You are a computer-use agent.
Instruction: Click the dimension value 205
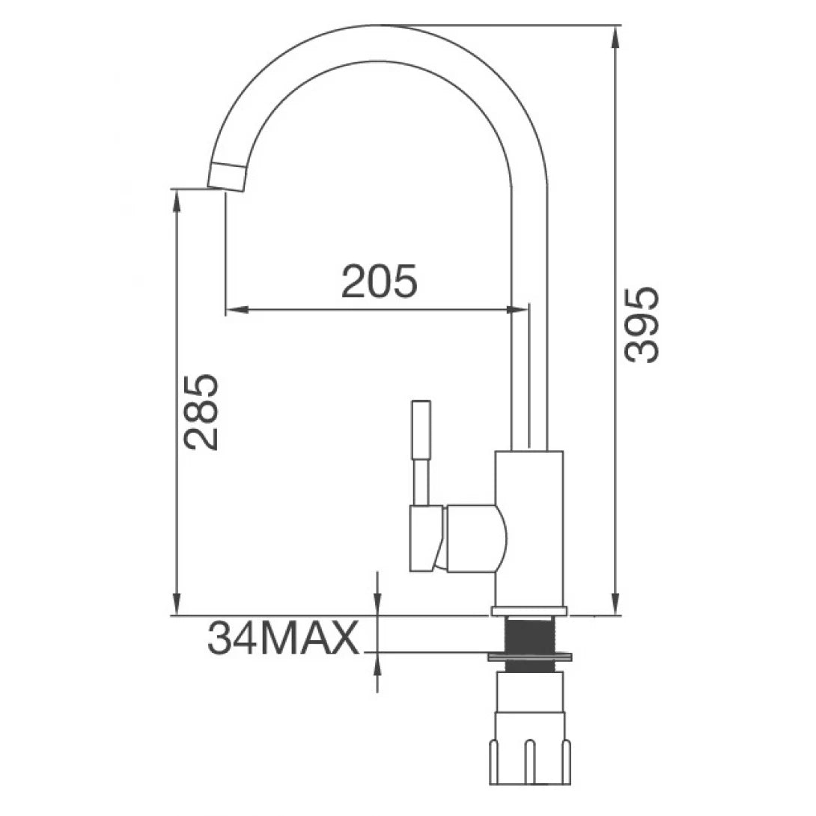pyautogui.click(x=379, y=282)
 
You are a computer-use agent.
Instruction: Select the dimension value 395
pyautogui.click(x=642, y=324)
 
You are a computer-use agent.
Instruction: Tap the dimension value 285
pyautogui.click(x=201, y=411)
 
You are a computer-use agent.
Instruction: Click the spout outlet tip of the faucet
pyautogui.click(x=226, y=177)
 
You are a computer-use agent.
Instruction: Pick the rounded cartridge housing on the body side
pyautogui.click(x=475, y=538)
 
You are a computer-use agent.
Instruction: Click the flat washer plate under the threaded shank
pyautogui.click(x=530, y=657)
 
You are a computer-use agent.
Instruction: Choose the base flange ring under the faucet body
pyautogui.click(x=529, y=611)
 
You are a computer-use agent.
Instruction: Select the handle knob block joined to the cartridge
pyautogui.click(x=426, y=539)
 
